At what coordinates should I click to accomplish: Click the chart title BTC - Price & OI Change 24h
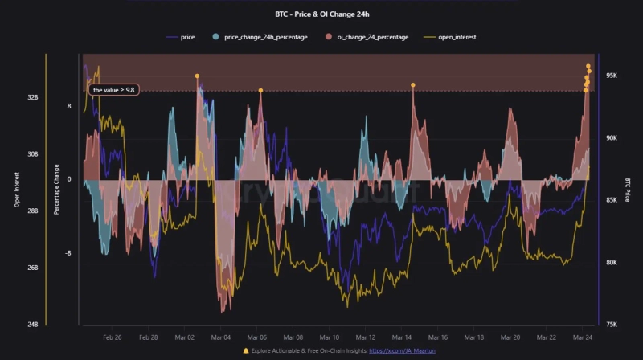321,14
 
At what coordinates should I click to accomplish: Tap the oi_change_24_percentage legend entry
367,37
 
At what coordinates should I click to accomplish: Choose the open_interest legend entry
455,37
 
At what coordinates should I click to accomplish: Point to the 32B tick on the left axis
32,97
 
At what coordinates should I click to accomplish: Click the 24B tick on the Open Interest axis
32,325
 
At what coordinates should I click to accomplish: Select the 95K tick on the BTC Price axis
611,76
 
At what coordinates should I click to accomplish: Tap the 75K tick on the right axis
611,325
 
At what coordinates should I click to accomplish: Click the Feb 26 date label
113,338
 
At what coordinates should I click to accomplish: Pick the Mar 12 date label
366,338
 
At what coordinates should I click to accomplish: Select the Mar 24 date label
583,338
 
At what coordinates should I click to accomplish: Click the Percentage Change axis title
56,190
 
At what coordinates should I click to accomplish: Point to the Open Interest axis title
17,190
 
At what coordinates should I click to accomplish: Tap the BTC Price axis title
627,190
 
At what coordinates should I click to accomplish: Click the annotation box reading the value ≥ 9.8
114,90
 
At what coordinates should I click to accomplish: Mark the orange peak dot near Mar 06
260,91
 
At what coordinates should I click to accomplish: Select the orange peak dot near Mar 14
413,84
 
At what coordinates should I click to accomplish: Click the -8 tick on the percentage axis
69,253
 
